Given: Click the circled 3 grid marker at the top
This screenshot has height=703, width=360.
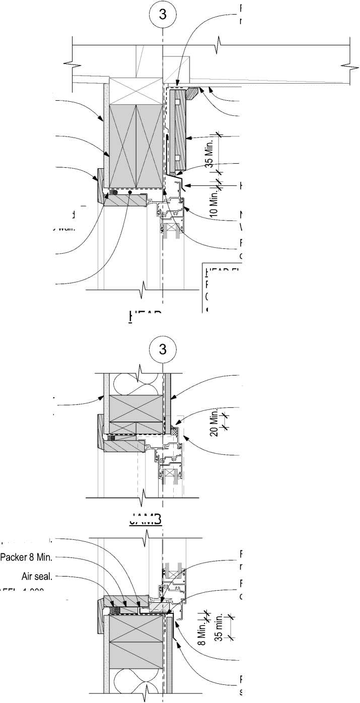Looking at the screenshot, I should point(163,15).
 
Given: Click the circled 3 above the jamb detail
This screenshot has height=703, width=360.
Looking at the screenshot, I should point(163,348).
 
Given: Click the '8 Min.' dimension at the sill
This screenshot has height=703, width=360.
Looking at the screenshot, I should point(201,634).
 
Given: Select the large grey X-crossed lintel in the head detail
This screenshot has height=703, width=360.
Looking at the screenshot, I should point(136,146).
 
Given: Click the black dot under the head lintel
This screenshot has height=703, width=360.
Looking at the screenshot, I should point(130,192).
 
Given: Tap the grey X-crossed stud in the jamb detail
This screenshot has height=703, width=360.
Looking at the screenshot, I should point(136,407).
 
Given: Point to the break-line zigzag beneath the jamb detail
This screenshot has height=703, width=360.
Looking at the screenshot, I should point(145,497).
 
